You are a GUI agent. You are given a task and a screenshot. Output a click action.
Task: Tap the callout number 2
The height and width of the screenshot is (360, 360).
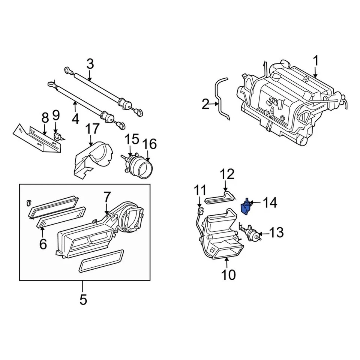(205, 104)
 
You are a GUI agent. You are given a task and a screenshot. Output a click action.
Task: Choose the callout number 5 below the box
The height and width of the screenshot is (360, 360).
(83, 300)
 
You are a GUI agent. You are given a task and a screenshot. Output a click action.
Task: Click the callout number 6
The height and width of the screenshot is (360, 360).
(43, 244)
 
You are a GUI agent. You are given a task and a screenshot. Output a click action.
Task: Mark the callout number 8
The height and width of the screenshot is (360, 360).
(45, 118)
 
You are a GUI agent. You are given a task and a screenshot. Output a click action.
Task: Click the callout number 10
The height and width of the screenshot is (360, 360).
(228, 274)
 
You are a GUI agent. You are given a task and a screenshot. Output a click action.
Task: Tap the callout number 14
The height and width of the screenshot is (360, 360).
(270, 203)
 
